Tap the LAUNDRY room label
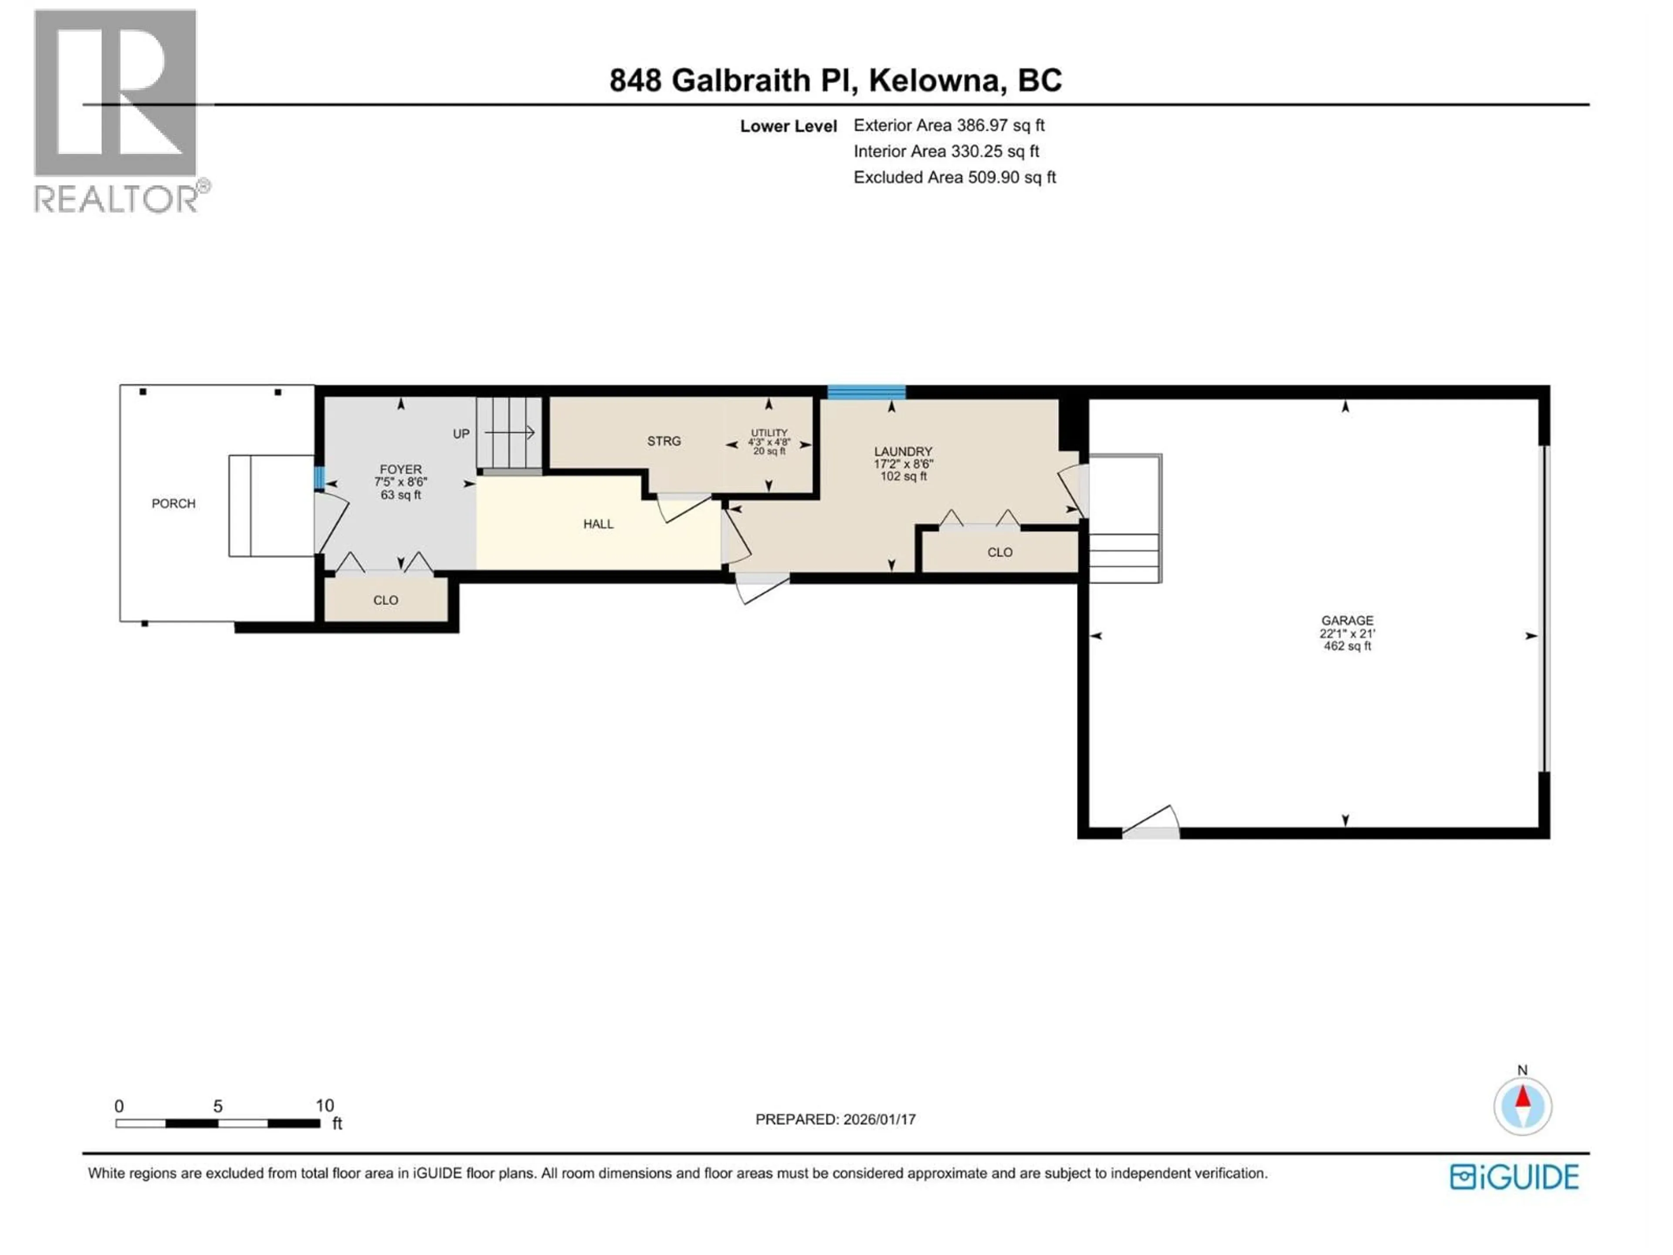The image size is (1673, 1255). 903,451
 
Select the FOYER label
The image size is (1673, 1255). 400,470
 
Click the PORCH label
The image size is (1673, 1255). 173,504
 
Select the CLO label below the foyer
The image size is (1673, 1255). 385,600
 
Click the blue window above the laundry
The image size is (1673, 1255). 866,392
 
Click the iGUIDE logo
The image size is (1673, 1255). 1514,1177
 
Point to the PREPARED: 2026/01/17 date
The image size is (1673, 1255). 835,1119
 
